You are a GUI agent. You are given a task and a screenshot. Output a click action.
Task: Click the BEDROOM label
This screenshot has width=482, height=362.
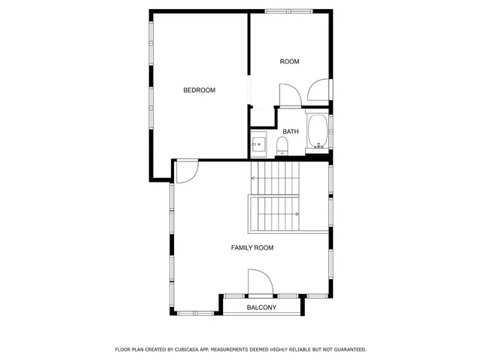coord(199,90)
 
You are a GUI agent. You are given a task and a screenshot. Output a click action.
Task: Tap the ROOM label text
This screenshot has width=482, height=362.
coord(290,62)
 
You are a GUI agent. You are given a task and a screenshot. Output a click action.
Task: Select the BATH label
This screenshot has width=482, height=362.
coord(291,131)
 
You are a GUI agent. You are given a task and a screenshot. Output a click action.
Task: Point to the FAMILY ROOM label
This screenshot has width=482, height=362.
coord(252,247)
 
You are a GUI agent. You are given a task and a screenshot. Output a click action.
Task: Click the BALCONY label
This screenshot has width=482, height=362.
coord(261,308)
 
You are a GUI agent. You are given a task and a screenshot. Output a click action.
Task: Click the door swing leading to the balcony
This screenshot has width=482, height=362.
coord(260,284)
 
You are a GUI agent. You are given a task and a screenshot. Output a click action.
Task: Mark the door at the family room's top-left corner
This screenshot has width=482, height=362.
coord(186,172)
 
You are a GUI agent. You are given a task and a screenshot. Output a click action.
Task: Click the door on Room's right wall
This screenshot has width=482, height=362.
coord(319,90)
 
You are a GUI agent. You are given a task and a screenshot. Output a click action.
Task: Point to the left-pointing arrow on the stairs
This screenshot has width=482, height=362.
coord(255,178)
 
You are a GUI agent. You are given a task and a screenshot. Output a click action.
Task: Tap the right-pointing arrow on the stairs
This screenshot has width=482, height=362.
coord(297,214)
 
